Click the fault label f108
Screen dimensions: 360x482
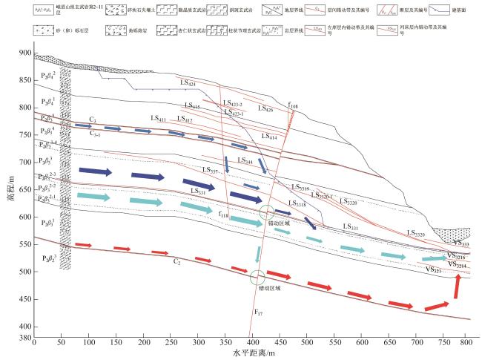point(294,107)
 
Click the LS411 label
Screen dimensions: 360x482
point(158,119)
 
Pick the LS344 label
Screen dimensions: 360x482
point(246,160)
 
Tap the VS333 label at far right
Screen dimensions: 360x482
point(460,243)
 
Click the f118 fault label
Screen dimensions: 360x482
point(225,215)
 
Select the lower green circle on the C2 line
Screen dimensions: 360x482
point(257,278)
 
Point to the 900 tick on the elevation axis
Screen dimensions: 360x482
point(26,53)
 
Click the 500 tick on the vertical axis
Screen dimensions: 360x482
point(26,272)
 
